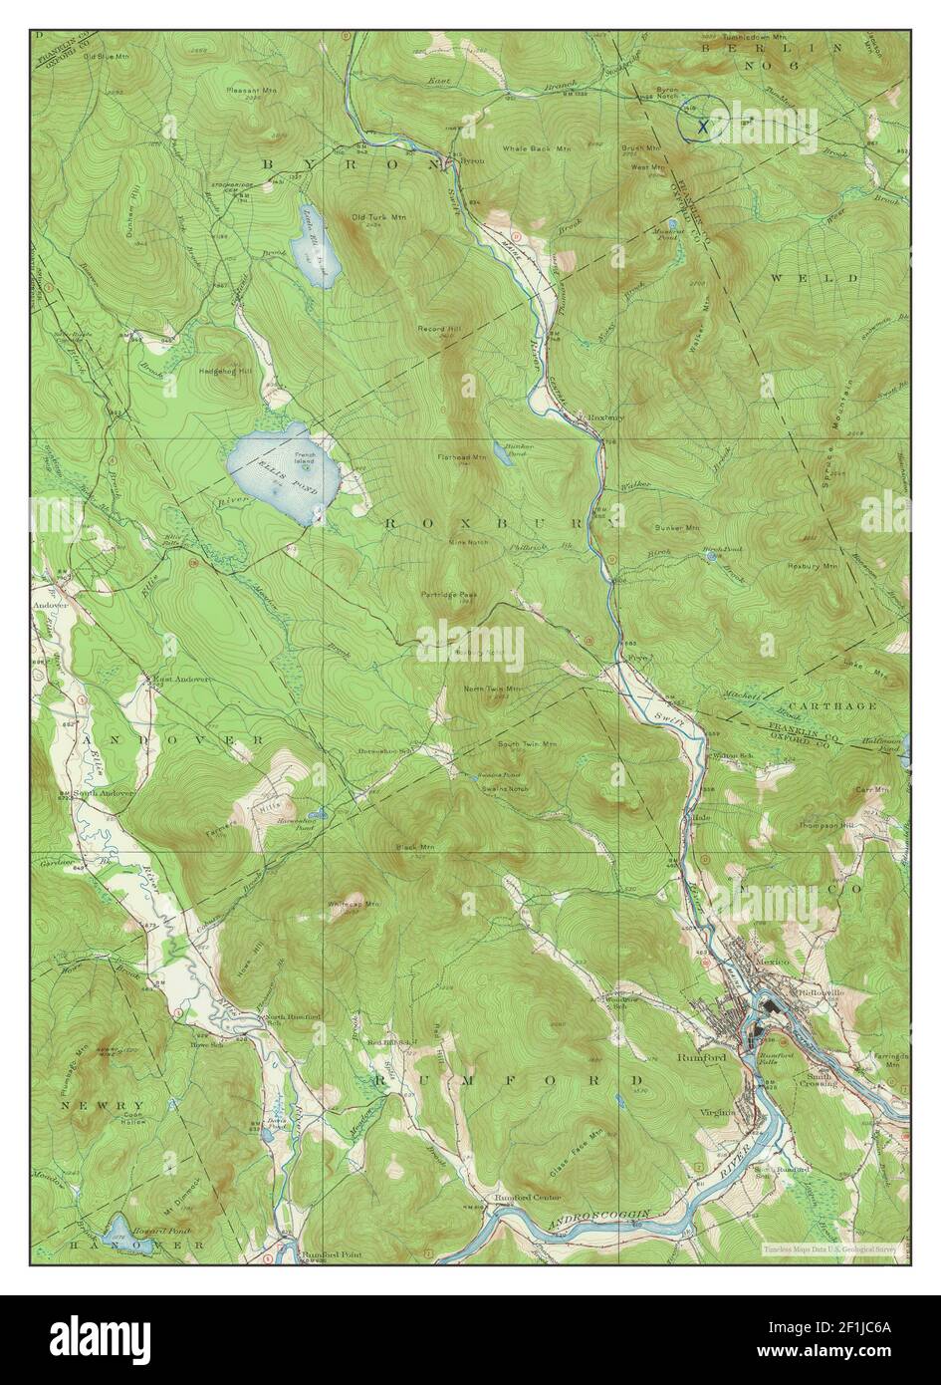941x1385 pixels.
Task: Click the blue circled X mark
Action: click(702, 124)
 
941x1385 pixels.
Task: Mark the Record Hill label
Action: click(437, 327)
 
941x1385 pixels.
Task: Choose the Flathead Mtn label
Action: click(461, 457)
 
